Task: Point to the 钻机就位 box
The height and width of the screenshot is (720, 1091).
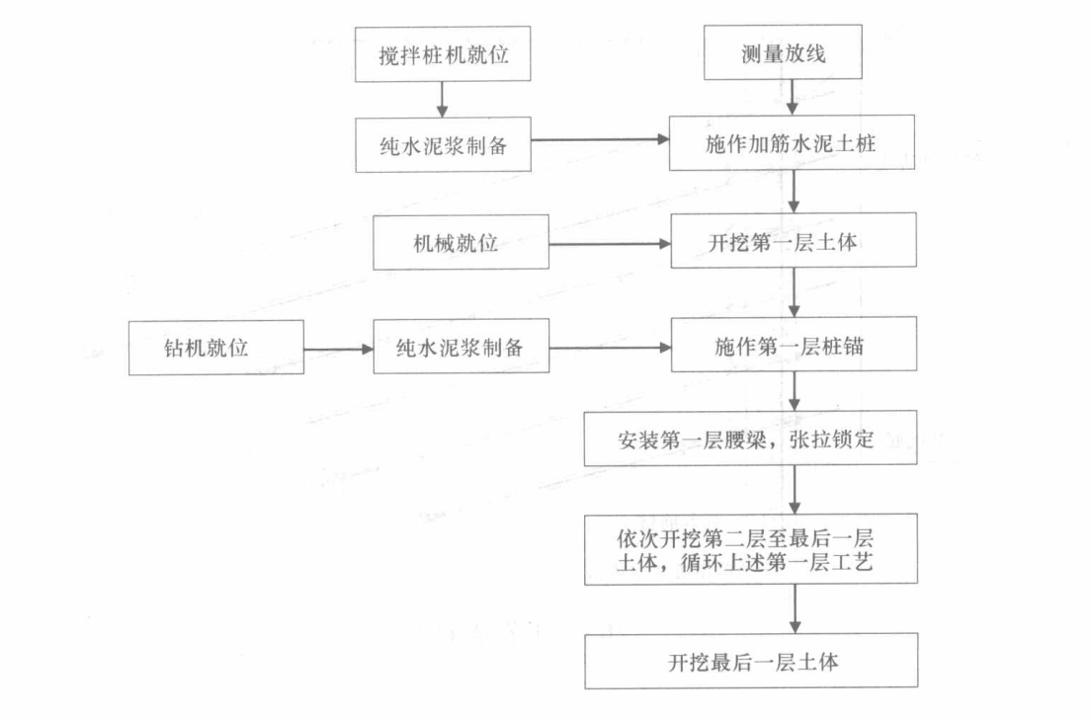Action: click(215, 348)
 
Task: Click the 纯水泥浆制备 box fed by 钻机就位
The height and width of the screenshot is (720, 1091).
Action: click(461, 348)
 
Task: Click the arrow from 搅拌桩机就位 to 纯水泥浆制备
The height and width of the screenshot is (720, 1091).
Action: click(442, 99)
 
